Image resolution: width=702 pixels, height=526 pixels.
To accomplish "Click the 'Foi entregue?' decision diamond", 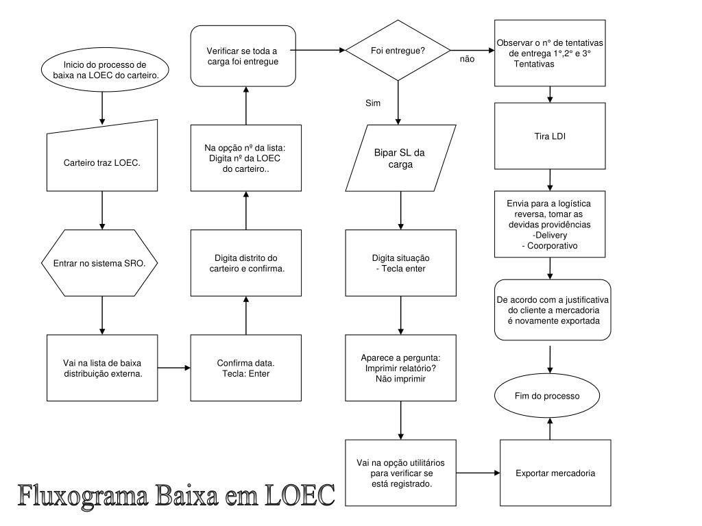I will click(398, 51).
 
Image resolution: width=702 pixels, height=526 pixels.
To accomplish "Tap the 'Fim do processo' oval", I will click(547, 396).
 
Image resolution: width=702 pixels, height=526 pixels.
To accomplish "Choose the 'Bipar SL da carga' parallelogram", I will click(400, 158).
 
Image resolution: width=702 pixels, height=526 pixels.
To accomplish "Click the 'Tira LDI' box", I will click(550, 136).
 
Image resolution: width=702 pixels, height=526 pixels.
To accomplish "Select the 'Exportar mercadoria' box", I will click(555, 473).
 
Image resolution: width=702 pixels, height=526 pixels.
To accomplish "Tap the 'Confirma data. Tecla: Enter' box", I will click(245, 368).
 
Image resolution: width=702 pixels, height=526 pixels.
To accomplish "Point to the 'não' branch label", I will click(467, 60).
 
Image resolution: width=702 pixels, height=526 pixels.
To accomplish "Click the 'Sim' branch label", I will click(372, 103).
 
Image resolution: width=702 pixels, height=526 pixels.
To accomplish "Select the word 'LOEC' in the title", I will click(300, 494).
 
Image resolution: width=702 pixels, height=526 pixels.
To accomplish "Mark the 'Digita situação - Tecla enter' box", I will click(400, 263).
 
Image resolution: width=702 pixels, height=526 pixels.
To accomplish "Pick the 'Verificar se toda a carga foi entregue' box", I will click(243, 55).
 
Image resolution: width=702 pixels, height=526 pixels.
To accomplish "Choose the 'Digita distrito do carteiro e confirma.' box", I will click(246, 263).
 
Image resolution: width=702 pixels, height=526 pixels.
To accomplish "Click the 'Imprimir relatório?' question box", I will click(400, 368).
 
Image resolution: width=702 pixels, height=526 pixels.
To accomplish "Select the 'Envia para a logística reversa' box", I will click(550, 224).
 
